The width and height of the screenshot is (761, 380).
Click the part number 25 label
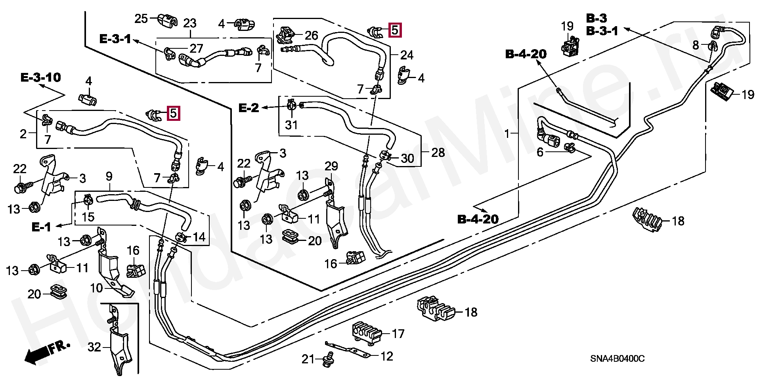coord(141,19)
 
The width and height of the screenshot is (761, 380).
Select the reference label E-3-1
coord(115,39)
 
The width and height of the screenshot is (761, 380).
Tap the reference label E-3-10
coord(41,77)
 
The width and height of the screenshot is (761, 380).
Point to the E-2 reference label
coord(249,108)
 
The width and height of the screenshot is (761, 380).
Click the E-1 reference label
coord(41,227)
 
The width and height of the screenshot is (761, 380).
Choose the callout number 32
coord(94,348)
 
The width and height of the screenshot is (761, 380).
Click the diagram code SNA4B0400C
coord(618,359)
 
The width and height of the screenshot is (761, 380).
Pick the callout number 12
coord(386,356)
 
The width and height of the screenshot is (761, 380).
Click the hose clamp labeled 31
coord(291,105)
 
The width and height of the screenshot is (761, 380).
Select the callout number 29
coord(331,166)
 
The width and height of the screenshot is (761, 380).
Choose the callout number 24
coord(407,55)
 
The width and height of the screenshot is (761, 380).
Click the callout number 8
coord(696,45)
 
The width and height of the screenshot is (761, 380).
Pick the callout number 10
coord(97,288)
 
